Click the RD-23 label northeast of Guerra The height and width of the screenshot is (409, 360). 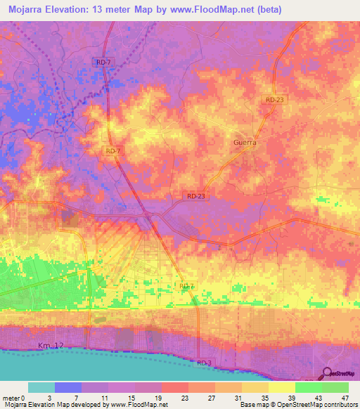pos(276,100)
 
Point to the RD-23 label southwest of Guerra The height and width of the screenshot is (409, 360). pos(197,197)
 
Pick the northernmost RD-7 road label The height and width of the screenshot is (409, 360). pos(103,63)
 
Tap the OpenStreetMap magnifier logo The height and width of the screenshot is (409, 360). pos(328,374)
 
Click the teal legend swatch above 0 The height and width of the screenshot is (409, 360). pos(41,387)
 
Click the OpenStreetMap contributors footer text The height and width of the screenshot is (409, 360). pos(317,405)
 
